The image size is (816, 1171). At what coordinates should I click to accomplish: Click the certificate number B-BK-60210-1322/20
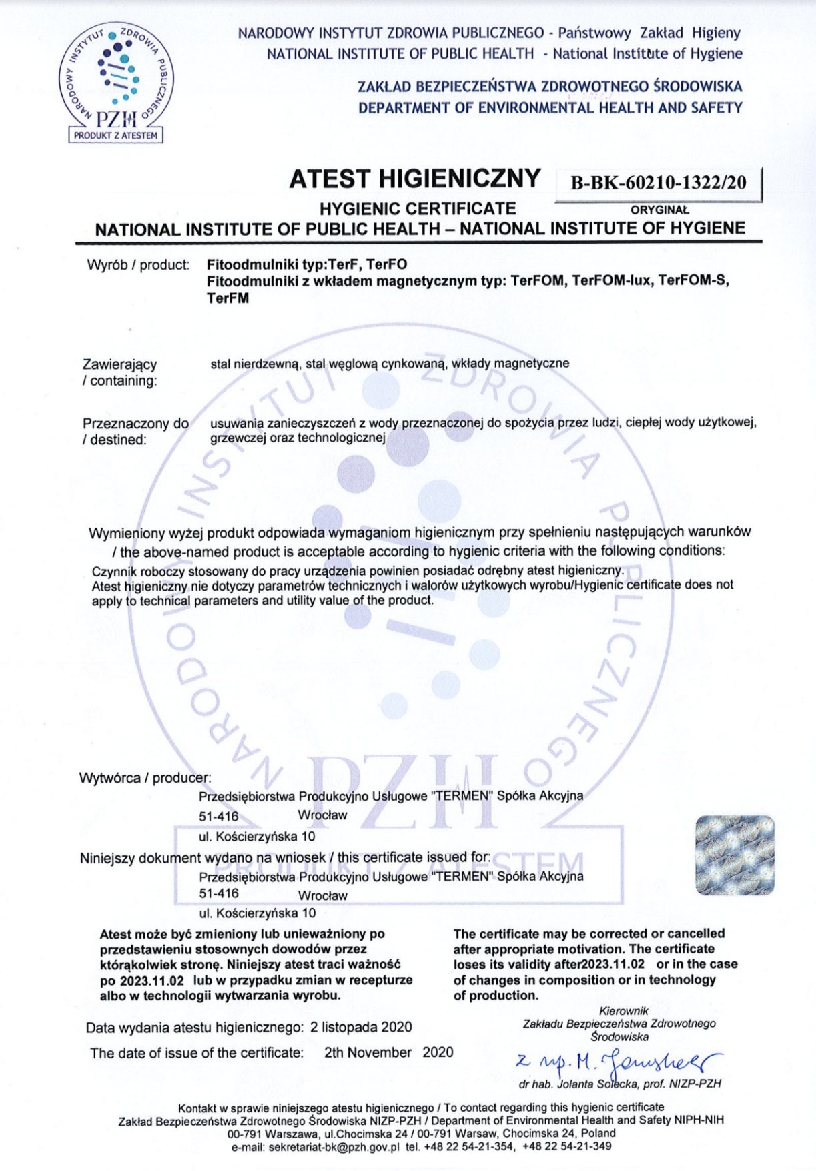tap(658, 183)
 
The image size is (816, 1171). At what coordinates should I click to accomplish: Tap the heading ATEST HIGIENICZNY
tap(414, 179)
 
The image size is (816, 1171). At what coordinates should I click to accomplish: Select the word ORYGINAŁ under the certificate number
tap(659, 210)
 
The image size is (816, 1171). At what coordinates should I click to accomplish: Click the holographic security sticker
tap(735, 855)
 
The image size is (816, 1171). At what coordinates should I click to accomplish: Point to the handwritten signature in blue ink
tap(618, 1060)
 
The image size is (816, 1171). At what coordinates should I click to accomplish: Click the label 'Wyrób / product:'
tap(138, 265)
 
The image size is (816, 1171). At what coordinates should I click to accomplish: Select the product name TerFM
tap(228, 298)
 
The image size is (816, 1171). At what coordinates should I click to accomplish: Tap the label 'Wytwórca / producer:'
tap(145, 778)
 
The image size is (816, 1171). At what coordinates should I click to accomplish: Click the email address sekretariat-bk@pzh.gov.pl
tap(334, 1147)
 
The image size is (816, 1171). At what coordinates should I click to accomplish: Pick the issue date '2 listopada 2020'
tap(361, 1027)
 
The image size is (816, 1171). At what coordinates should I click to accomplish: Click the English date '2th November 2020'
tap(388, 1052)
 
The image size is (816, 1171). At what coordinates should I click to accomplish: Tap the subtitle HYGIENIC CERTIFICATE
tap(418, 209)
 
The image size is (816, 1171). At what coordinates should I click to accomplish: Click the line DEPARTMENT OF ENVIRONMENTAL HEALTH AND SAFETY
tap(550, 107)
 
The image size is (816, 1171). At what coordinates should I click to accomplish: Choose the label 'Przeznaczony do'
tap(135, 424)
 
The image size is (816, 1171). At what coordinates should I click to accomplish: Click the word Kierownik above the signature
tap(623, 1011)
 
